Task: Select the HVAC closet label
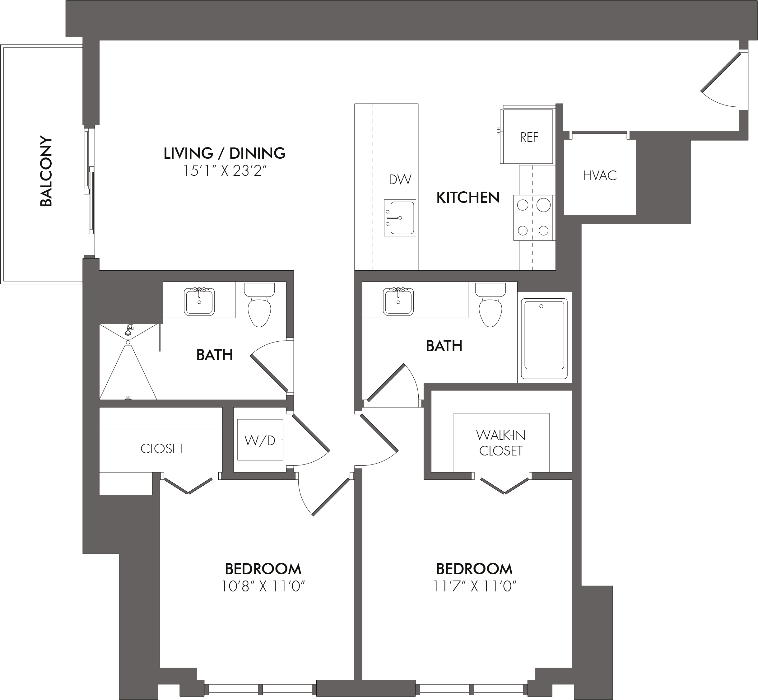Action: [600, 175]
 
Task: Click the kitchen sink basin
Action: [400, 218]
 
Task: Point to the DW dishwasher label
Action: [400, 179]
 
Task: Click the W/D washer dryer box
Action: [260, 440]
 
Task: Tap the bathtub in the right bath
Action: [544, 338]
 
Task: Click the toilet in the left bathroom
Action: [259, 305]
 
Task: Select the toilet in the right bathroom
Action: [490, 305]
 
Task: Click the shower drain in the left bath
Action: [128, 342]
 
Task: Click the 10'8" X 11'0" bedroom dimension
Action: [263, 587]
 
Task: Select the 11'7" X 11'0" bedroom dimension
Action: [474, 587]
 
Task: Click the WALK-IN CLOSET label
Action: [500, 443]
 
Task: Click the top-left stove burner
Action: [523, 205]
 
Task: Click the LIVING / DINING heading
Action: [225, 153]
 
